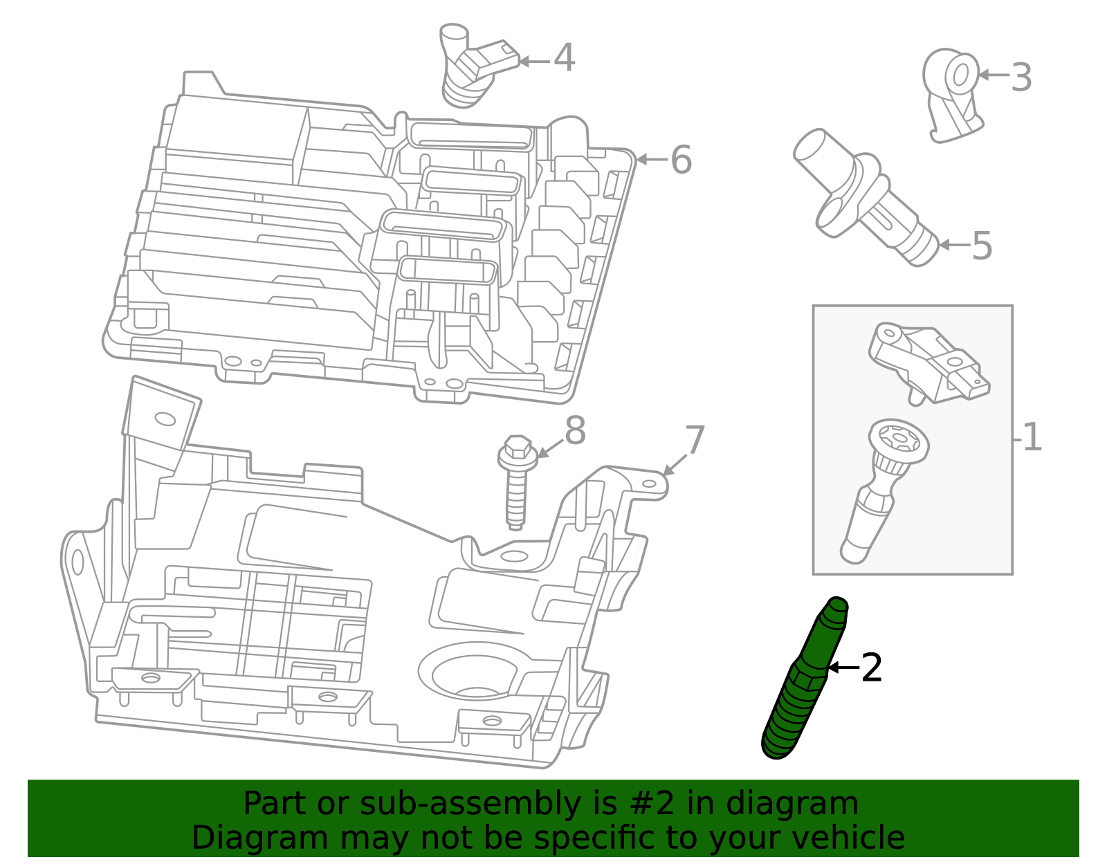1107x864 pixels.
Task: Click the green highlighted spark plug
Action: [x=803, y=681]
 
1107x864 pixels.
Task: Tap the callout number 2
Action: [x=872, y=668]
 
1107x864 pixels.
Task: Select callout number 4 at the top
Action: [x=564, y=58]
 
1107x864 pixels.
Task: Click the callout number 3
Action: [x=1021, y=77]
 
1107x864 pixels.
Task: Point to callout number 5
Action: [x=982, y=246]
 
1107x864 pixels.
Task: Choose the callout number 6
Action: [x=681, y=160]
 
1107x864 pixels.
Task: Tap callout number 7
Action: [x=694, y=441]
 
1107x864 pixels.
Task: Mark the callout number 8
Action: [x=575, y=431]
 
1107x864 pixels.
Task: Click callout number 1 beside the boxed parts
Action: [x=1032, y=437]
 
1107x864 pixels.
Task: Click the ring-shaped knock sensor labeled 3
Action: [x=953, y=93]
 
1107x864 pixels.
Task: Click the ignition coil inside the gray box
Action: [x=927, y=363]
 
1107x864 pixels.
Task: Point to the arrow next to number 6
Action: [x=650, y=160]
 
